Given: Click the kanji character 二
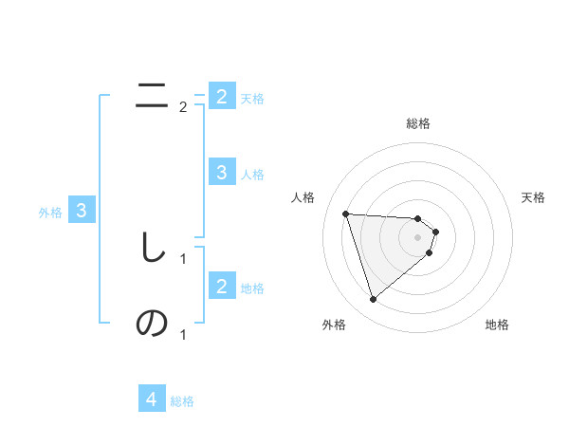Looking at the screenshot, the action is (x=152, y=95).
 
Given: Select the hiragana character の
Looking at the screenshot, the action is (x=152, y=324).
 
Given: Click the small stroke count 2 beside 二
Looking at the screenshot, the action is (x=183, y=107).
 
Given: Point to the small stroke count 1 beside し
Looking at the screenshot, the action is (x=183, y=258).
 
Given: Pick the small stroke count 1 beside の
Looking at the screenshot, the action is (x=183, y=334).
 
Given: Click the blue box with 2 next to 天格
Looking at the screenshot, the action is (x=221, y=96).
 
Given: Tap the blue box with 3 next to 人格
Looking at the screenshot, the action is (x=221, y=172).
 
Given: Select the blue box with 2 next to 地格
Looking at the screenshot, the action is (x=221, y=286).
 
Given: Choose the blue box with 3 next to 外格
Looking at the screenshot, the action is (x=82, y=211).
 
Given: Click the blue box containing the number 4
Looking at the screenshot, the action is (x=152, y=400).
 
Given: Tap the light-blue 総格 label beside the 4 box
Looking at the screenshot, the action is (x=182, y=401).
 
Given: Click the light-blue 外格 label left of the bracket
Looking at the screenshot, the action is (x=50, y=213).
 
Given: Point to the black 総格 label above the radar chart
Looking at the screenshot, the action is (x=418, y=123).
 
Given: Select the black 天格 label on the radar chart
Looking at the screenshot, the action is (x=534, y=197).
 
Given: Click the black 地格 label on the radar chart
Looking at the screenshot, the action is (x=497, y=325).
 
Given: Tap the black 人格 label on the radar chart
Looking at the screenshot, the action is (x=303, y=197).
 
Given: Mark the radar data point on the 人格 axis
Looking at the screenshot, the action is (x=346, y=214).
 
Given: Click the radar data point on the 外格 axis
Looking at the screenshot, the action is (x=373, y=300).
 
